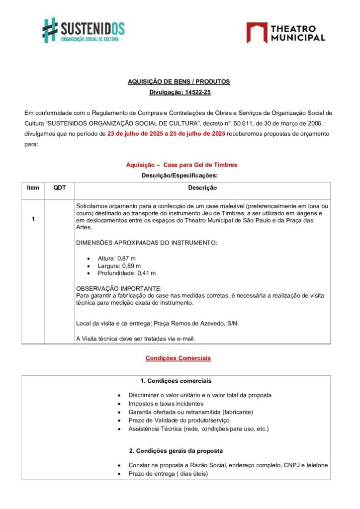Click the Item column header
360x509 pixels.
point(33,188)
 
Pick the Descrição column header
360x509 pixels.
point(202,188)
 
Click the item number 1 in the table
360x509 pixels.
point(33,219)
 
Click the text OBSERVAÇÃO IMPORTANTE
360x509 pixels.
point(118,289)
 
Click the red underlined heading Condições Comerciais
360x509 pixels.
point(178,358)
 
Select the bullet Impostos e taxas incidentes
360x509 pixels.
point(166,404)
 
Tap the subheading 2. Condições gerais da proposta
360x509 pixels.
point(176,451)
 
